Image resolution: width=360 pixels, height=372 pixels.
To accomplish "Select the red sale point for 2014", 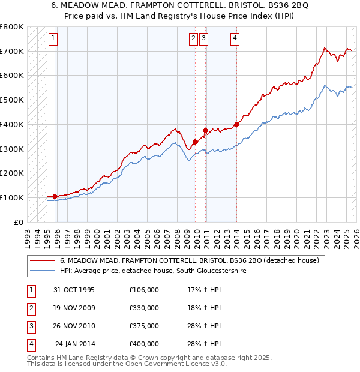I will point(236,124).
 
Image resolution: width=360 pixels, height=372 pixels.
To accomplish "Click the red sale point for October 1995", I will point(55,196).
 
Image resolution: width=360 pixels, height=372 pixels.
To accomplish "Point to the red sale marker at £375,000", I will point(205,130).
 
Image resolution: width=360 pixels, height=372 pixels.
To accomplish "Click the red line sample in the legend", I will point(42,261).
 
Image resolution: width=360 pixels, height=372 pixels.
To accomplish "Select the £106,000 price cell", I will point(144,290).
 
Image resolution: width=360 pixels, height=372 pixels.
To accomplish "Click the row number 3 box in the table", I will point(30,326).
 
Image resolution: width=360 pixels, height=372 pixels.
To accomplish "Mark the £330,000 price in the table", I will point(144,308).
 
